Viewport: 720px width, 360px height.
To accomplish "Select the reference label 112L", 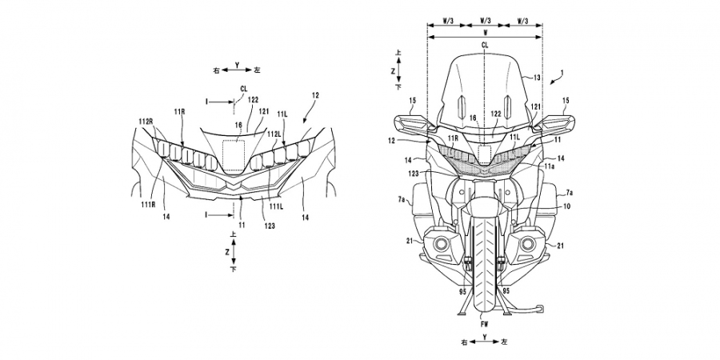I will coord(274,134).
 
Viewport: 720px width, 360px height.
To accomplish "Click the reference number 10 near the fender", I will coord(566,206).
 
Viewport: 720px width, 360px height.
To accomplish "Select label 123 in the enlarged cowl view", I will coord(270,226).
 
